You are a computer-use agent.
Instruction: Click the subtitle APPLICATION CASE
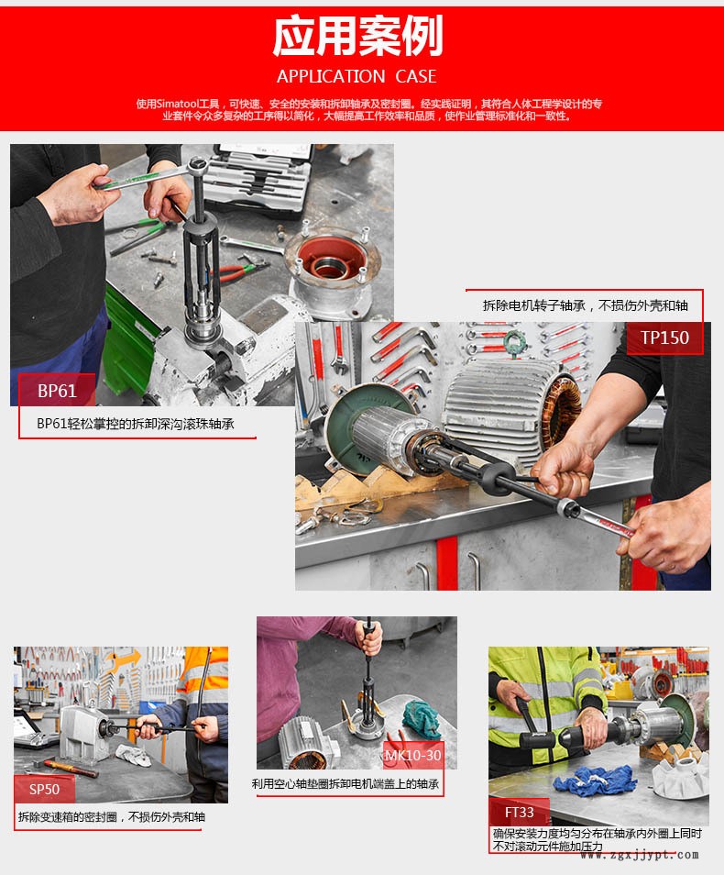[357, 76]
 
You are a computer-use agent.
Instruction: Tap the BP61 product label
[57, 391]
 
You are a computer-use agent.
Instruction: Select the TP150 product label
[664, 338]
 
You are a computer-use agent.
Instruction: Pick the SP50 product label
[44, 789]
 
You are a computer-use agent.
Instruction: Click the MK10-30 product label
[412, 755]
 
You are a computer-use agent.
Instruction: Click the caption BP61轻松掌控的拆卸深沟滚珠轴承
[136, 424]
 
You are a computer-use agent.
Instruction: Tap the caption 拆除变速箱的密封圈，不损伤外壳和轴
[111, 816]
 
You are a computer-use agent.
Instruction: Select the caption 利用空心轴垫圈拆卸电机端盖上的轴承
[346, 784]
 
